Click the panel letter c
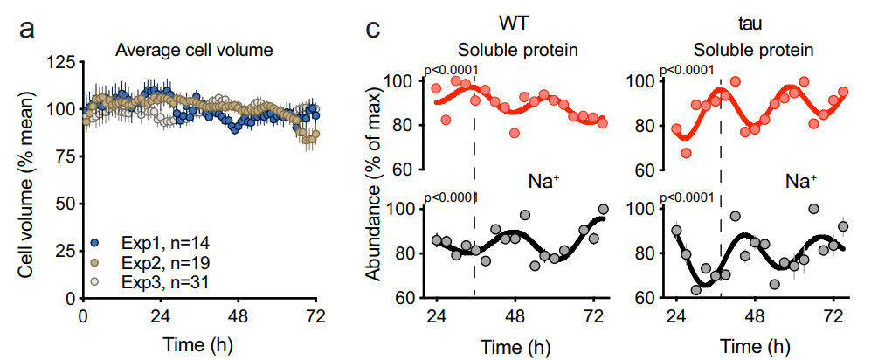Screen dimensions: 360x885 point(372,31)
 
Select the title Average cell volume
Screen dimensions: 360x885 point(195,51)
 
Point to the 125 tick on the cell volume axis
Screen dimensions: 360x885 point(60,62)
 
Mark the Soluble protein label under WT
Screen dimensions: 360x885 point(517,50)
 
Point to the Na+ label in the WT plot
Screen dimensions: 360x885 point(543,181)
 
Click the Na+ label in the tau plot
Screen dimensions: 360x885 point(801,181)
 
